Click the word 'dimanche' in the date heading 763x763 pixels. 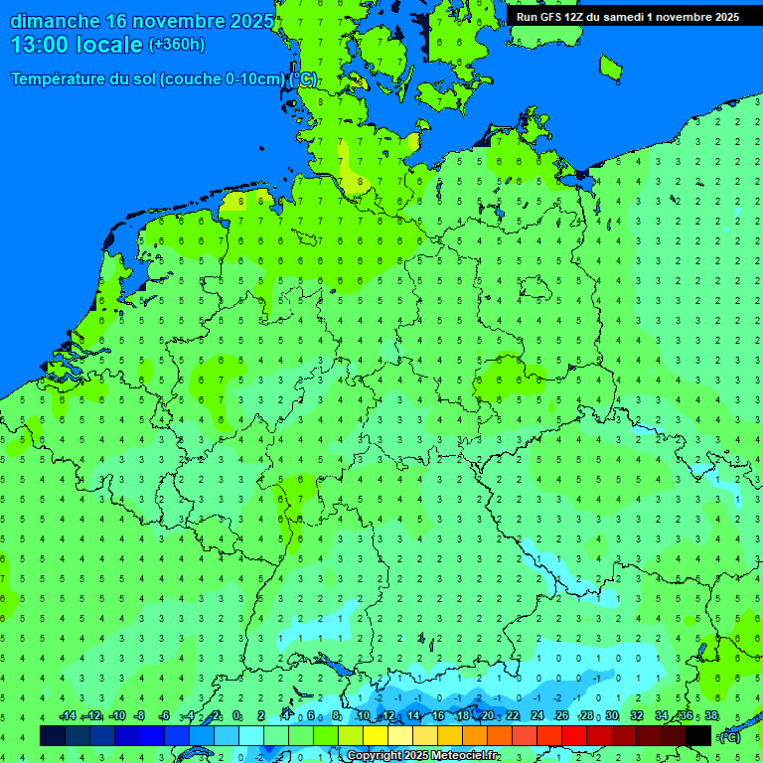pyautogui.click(x=54, y=21)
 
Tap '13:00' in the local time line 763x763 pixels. pyautogui.click(x=44, y=45)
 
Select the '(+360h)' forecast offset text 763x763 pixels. pyautogui.click(x=176, y=45)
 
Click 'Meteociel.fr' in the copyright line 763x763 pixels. pyautogui.click(x=464, y=756)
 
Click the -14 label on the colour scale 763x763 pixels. pyautogui.click(x=68, y=716)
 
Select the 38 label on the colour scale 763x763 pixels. pyautogui.click(x=710, y=716)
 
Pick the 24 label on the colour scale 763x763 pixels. pyautogui.click(x=536, y=716)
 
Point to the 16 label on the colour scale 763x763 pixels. pyautogui.click(x=438, y=716)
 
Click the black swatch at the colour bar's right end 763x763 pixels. pyautogui.click(x=698, y=735)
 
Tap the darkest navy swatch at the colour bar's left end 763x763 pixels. pyautogui.click(x=53, y=735)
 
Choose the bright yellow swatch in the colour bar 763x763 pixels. pyautogui.click(x=376, y=735)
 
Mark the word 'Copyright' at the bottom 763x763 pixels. pyautogui.click(x=375, y=756)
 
